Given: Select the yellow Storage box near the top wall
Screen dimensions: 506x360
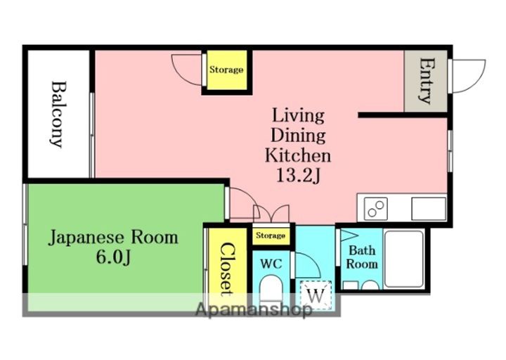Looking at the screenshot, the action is pos(226,70).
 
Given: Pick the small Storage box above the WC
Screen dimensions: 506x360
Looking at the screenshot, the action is pos(271,236).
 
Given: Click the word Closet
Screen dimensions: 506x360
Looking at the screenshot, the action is pos(226,269).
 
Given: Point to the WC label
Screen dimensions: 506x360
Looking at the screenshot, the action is pos(271,264).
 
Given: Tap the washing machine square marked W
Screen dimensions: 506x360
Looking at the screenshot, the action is pos(316,295).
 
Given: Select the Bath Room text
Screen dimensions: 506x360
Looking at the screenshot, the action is pos(362,257).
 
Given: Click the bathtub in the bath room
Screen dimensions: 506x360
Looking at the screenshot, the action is pos(403,259).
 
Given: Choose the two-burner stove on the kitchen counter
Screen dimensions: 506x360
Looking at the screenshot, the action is pos(375,209).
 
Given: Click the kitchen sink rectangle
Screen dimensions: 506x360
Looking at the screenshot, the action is pos(429,209).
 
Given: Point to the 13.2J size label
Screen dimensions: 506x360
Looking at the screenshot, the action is pos(298,176).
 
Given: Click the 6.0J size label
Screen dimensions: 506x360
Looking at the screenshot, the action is pos(113,257).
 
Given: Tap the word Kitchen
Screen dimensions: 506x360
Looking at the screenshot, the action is pos(298,155).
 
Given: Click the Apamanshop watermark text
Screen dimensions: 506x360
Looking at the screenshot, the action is pos(254,310).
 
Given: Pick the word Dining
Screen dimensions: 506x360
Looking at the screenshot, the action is pos(298,136).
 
